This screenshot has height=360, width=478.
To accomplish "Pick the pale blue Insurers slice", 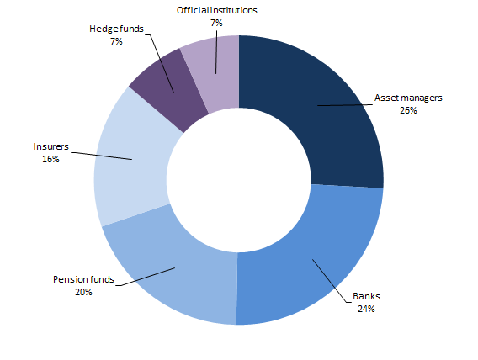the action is (131, 158).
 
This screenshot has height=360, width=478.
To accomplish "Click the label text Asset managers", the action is (408, 98).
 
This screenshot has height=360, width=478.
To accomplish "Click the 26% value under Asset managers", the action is (408, 110).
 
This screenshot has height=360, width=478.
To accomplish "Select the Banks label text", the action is (366, 296).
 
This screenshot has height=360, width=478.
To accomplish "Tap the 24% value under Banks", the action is (366, 309).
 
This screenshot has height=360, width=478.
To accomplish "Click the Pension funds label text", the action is (83, 279).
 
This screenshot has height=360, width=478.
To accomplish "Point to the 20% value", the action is (83, 292).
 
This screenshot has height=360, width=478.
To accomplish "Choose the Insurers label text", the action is (50, 146).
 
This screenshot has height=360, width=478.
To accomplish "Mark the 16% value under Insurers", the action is (50, 159).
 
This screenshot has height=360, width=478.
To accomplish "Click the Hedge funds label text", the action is (116, 29).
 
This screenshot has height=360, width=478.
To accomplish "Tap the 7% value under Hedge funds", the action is (116, 41).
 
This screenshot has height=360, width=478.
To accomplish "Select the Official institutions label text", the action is (217, 10).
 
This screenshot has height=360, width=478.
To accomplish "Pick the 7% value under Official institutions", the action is (216, 23).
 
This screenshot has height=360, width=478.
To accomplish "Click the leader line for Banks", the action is (330, 280).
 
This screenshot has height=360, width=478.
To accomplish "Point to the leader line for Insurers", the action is (102, 156).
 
